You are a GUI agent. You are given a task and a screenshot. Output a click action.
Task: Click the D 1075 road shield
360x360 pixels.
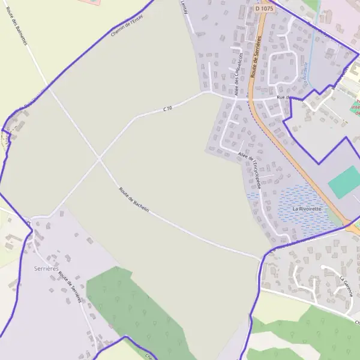pos(263,8)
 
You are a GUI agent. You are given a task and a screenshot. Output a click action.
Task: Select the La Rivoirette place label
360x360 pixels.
pos(307,208)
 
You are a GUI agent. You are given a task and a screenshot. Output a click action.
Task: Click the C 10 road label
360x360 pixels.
pos(167,108)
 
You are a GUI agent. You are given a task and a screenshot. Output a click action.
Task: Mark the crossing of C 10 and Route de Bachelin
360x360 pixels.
pos(100,160)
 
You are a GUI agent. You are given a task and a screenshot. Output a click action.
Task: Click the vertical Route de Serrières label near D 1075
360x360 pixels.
pos(257,57)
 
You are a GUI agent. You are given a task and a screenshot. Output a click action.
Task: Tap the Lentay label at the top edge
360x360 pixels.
pos(184,6)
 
